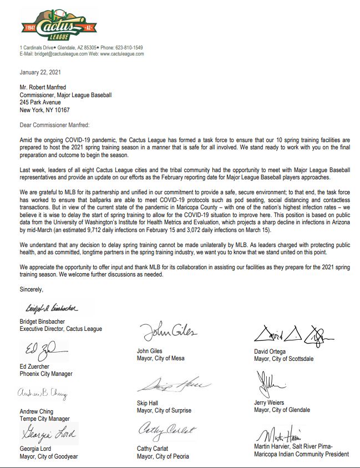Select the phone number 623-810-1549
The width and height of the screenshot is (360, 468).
[129, 48]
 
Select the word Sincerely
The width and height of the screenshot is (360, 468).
[31, 289]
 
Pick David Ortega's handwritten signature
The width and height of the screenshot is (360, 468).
[293, 334]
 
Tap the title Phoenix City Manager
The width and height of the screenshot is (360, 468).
[46, 374]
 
